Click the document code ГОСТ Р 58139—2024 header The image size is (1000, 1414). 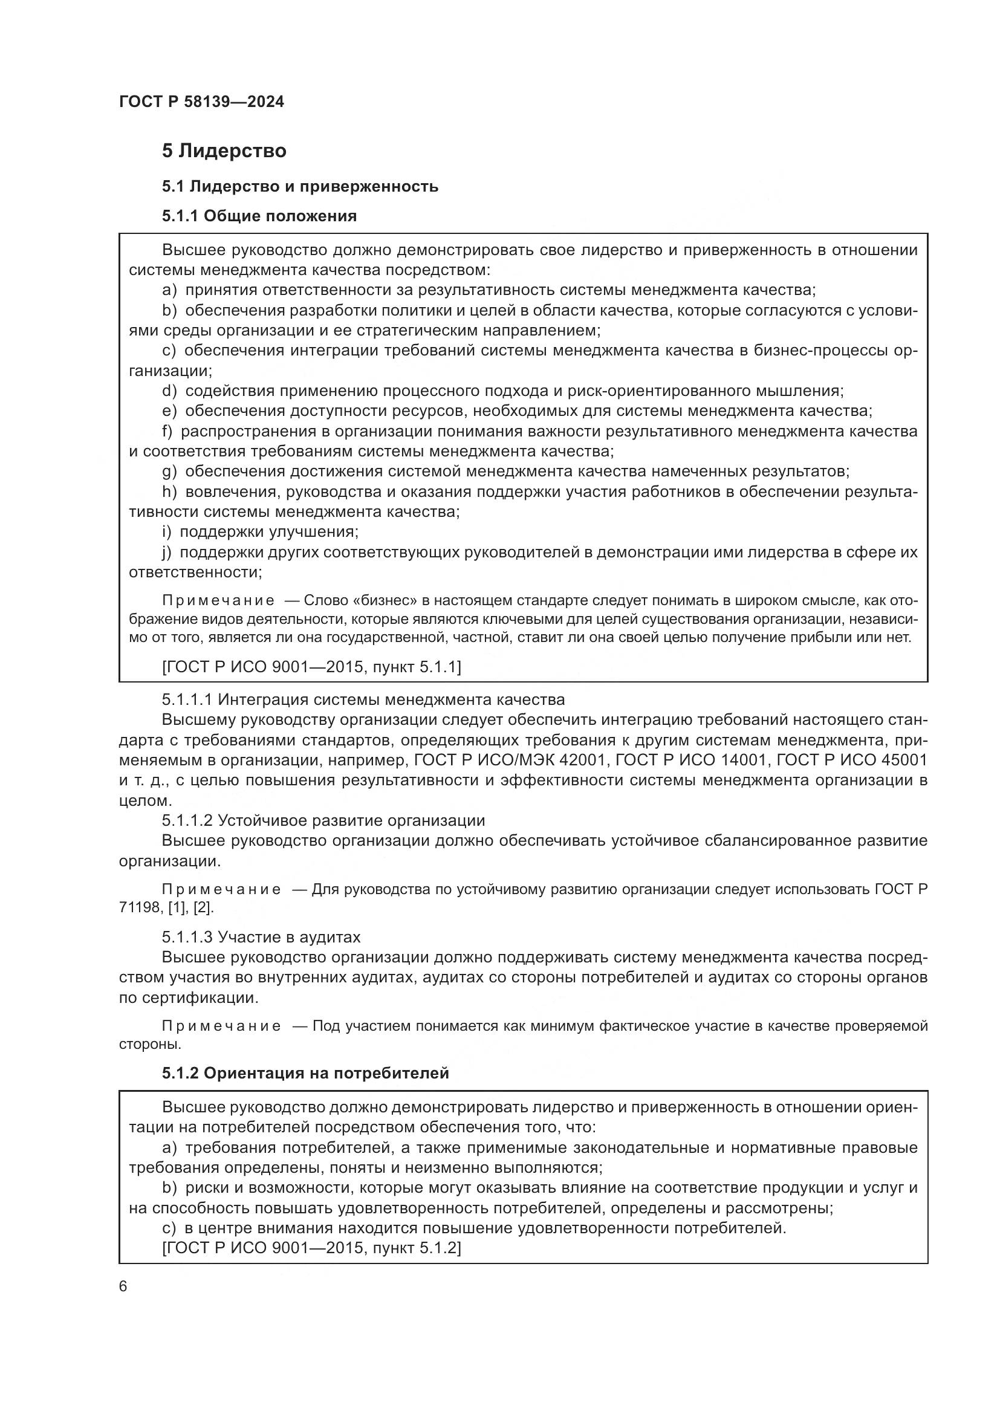[201, 102]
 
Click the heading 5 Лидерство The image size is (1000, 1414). [224, 151]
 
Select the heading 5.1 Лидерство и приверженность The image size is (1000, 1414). [300, 186]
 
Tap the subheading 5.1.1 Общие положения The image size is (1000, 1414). [259, 216]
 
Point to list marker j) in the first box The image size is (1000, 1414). [166, 553]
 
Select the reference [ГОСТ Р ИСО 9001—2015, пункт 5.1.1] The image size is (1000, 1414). [311, 667]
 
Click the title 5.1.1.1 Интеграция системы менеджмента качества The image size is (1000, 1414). [363, 699]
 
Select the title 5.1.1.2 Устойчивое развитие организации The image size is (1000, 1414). [323, 821]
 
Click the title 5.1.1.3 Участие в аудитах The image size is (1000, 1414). [261, 938]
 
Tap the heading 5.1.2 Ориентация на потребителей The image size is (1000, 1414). [305, 1074]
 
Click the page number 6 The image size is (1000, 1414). [123, 1286]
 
